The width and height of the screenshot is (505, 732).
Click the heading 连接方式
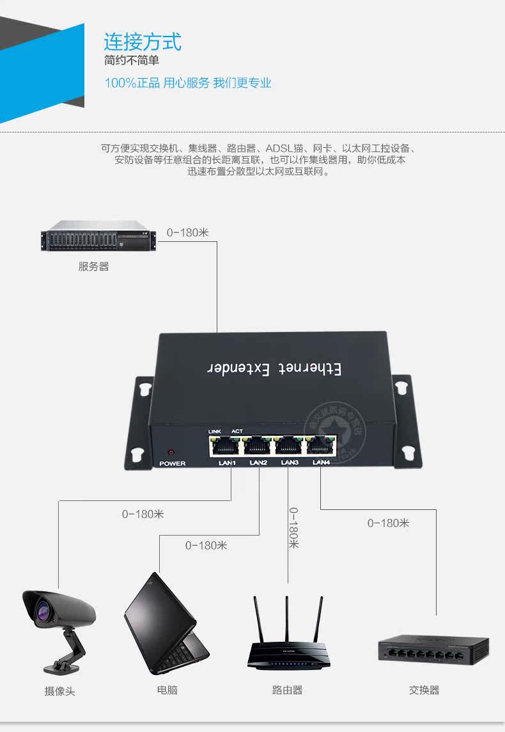(143, 42)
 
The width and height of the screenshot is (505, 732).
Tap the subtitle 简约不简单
(132, 61)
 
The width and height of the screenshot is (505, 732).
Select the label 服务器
(94, 266)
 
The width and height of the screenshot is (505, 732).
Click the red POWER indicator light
(171, 452)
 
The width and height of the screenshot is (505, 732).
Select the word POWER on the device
(172, 463)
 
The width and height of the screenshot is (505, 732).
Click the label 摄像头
(59, 691)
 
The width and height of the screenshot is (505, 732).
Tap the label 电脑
(167, 690)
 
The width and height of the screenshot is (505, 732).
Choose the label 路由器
(287, 690)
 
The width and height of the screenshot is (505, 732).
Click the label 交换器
(424, 690)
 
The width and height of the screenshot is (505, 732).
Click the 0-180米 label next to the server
(188, 232)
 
